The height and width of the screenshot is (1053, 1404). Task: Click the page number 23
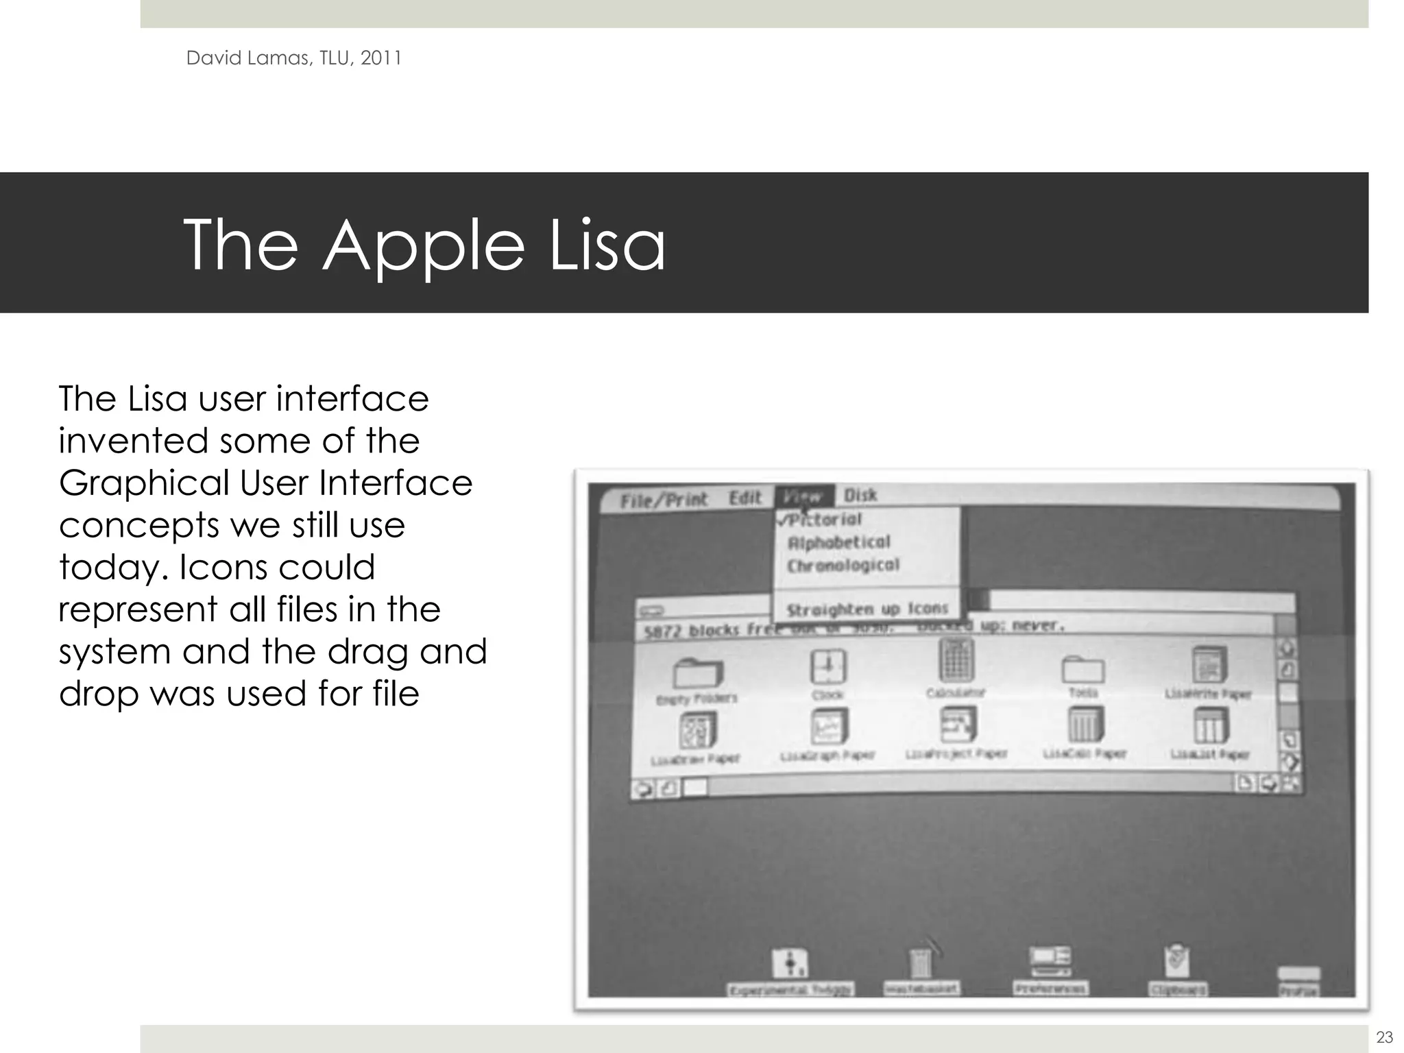[x=1384, y=1037]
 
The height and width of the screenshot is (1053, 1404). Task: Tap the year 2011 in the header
[x=380, y=58]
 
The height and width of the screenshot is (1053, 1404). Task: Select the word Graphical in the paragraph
[x=144, y=483]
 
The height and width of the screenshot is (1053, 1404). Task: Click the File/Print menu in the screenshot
[x=664, y=500]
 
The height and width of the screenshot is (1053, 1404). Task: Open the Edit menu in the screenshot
[x=745, y=498]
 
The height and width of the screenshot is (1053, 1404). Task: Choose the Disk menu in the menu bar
[x=860, y=495]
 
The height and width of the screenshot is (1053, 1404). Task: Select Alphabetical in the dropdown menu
[x=839, y=543]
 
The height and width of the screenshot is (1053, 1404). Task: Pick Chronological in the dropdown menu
[x=843, y=566]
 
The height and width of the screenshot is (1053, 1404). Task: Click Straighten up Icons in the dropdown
[x=867, y=609]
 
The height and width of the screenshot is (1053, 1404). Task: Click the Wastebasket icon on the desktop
[x=921, y=963]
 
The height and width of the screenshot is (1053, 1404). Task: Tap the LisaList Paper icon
[x=1210, y=726]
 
